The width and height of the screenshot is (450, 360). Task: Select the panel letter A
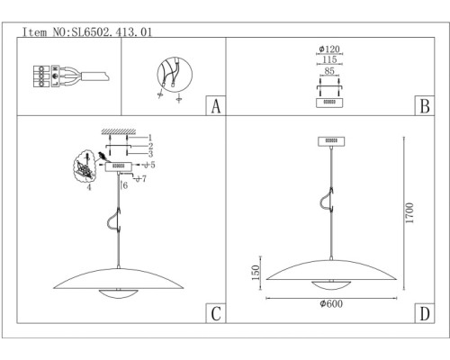(x=216, y=106)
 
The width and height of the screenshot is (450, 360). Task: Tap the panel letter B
(x=425, y=106)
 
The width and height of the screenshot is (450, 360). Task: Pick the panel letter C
(x=216, y=314)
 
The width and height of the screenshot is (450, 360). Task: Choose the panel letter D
(x=425, y=314)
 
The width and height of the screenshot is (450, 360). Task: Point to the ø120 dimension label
(x=329, y=49)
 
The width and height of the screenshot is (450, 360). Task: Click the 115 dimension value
(x=329, y=59)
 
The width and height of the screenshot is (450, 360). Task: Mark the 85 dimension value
(x=329, y=71)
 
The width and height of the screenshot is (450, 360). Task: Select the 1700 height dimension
(x=409, y=213)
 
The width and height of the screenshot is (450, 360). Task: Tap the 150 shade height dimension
(x=256, y=273)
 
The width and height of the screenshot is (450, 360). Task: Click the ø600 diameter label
(x=331, y=303)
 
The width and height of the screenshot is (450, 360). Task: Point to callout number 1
(x=150, y=138)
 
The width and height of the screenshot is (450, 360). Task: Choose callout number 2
(x=150, y=146)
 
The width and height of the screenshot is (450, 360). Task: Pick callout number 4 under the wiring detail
(x=89, y=187)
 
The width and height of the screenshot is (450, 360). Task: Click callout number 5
(x=153, y=165)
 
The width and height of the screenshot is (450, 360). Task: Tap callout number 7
(x=144, y=179)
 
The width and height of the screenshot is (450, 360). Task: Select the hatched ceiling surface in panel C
(x=119, y=131)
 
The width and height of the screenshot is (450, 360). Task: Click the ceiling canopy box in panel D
(x=331, y=141)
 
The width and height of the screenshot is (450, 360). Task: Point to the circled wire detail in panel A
(x=175, y=75)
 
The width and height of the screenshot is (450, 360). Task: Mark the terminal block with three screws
(x=41, y=76)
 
